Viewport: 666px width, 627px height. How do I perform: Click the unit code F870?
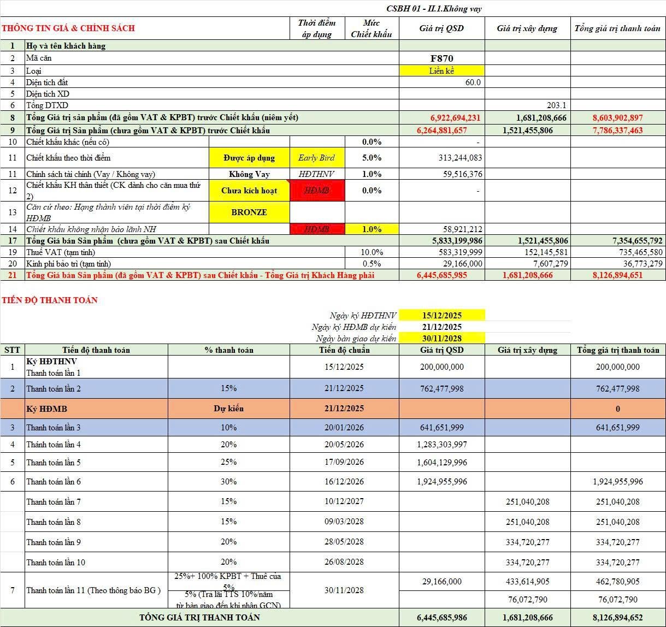pyautogui.click(x=441, y=58)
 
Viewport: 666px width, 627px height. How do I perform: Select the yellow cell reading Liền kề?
pyautogui.click(x=441, y=70)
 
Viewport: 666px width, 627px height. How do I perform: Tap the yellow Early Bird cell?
pyautogui.click(x=316, y=158)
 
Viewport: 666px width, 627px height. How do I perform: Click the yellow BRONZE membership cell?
pyautogui.click(x=249, y=212)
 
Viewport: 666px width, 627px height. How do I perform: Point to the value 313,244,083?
pyautogui.click(x=459, y=158)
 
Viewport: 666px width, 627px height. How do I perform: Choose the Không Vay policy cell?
pyautogui.click(x=249, y=174)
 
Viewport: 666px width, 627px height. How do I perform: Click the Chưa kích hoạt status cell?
pyautogui.click(x=249, y=191)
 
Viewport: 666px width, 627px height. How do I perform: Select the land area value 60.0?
pyautogui.click(x=473, y=82)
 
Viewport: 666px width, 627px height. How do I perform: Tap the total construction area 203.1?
pyautogui.click(x=556, y=105)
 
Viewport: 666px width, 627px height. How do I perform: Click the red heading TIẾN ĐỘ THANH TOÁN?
pyautogui.click(x=50, y=300)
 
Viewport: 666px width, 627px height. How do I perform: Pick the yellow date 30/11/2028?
pyautogui.click(x=442, y=338)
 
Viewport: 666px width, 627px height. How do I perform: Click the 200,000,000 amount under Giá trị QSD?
pyautogui.click(x=442, y=367)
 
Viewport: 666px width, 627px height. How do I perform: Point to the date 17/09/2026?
pyautogui.click(x=344, y=462)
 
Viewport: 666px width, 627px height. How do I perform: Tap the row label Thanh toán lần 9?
pyautogui.click(x=54, y=542)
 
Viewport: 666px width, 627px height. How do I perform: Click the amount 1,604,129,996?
pyautogui.click(x=442, y=462)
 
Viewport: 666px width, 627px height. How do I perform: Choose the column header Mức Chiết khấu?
pyautogui.click(x=372, y=28)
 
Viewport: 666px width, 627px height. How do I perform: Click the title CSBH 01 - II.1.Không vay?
pyautogui.click(x=433, y=9)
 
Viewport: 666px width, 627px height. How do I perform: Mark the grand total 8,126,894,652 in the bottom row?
pyautogui.click(x=617, y=618)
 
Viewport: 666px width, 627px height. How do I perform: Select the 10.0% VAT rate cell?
pyautogui.click(x=372, y=252)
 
